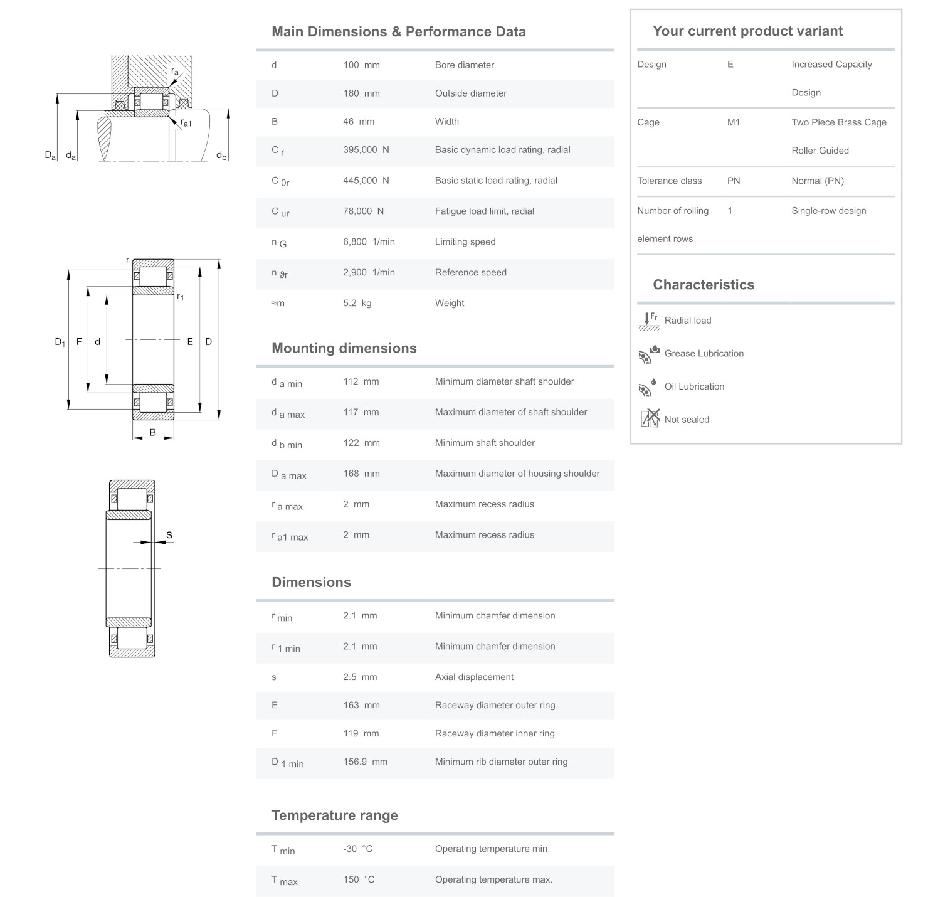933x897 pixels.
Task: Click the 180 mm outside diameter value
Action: [361, 93]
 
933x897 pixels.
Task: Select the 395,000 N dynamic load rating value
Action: [366, 150]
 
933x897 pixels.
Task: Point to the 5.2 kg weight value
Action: [357, 303]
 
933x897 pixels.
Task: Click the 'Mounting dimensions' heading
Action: [344, 349]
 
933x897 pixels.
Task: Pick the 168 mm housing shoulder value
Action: [361, 474]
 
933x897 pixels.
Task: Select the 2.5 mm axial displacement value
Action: [360, 677]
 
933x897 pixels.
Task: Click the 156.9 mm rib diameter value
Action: [365, 762]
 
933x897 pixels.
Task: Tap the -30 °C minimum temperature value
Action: [357, 849]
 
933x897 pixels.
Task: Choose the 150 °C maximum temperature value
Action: [359, 879]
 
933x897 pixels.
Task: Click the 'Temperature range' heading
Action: [334, 815]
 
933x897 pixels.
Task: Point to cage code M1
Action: [733, 122]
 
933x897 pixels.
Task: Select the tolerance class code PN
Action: [733, 181]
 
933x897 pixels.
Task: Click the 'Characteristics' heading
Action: [703, 285]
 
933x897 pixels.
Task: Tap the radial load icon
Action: [648, 321]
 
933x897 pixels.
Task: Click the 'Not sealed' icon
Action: [650, 418]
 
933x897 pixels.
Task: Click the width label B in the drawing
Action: [152, 432]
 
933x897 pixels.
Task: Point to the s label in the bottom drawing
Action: [169, 535]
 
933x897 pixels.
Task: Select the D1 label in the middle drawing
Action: [60, 342]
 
